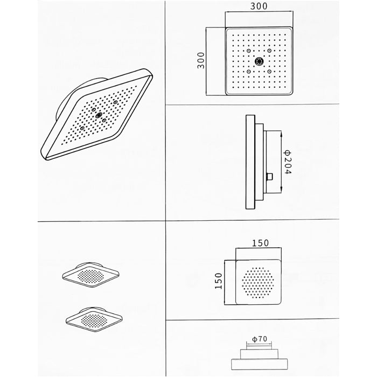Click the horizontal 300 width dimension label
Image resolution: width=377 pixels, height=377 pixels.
tap(259, 6)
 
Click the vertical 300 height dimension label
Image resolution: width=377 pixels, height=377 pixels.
tap(201, 60)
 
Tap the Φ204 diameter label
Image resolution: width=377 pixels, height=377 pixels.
tap(287, 162)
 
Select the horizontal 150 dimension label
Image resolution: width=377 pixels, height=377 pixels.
tap(260, 243)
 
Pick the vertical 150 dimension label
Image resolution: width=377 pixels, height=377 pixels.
tap(219, 281)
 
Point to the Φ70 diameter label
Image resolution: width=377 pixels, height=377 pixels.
tap(260, 339)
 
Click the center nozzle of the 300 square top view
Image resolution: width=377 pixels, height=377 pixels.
tap(259, 61)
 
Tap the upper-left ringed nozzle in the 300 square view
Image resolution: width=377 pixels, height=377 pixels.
tap(249, 51)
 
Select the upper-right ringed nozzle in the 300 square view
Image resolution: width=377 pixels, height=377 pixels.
tap(269, 51)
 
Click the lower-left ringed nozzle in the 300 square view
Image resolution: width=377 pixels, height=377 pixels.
tap(249, 72)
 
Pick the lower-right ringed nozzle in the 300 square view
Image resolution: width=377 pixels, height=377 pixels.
tap(269, 72)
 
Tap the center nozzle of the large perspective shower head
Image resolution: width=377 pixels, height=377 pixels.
tap(99, 116)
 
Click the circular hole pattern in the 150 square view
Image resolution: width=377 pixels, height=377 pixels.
tap(258, 283)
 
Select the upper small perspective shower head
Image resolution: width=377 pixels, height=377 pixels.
tap(90, 275)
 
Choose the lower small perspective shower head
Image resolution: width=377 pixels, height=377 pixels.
tap(94, 320)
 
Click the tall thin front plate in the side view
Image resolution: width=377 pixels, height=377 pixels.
tap(250, 162)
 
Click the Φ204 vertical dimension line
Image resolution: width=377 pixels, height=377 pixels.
tap(281, 162)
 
